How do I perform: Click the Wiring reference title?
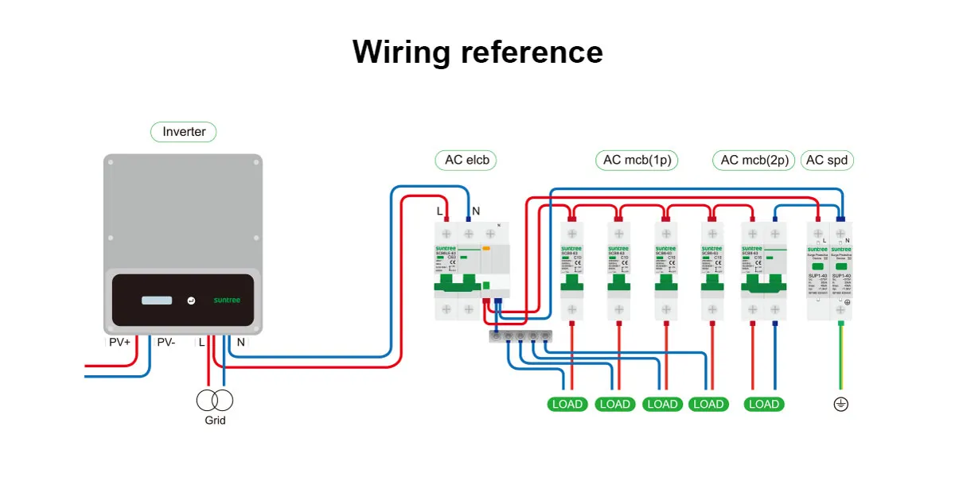coord(477,52)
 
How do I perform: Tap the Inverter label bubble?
coord(184,132)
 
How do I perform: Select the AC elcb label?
coord(466,160)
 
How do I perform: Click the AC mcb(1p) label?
coord(637,160)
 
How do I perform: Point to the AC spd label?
coord(827,160)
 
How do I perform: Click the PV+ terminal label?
coord(119,343)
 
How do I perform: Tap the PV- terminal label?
coord(166,343)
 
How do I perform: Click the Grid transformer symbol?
coord(215,400)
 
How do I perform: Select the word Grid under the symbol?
coord(215,421)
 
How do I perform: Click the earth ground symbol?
coord(840,404)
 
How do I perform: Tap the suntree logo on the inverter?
coord(227,301)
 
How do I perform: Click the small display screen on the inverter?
coord(157,301)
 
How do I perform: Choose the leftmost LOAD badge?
coord(567,404)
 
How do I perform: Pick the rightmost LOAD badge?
coord(764,404)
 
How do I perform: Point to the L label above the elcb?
coord(439,211)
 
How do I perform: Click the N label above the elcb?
coord(476,211)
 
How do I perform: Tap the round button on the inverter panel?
coord(191,301)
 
